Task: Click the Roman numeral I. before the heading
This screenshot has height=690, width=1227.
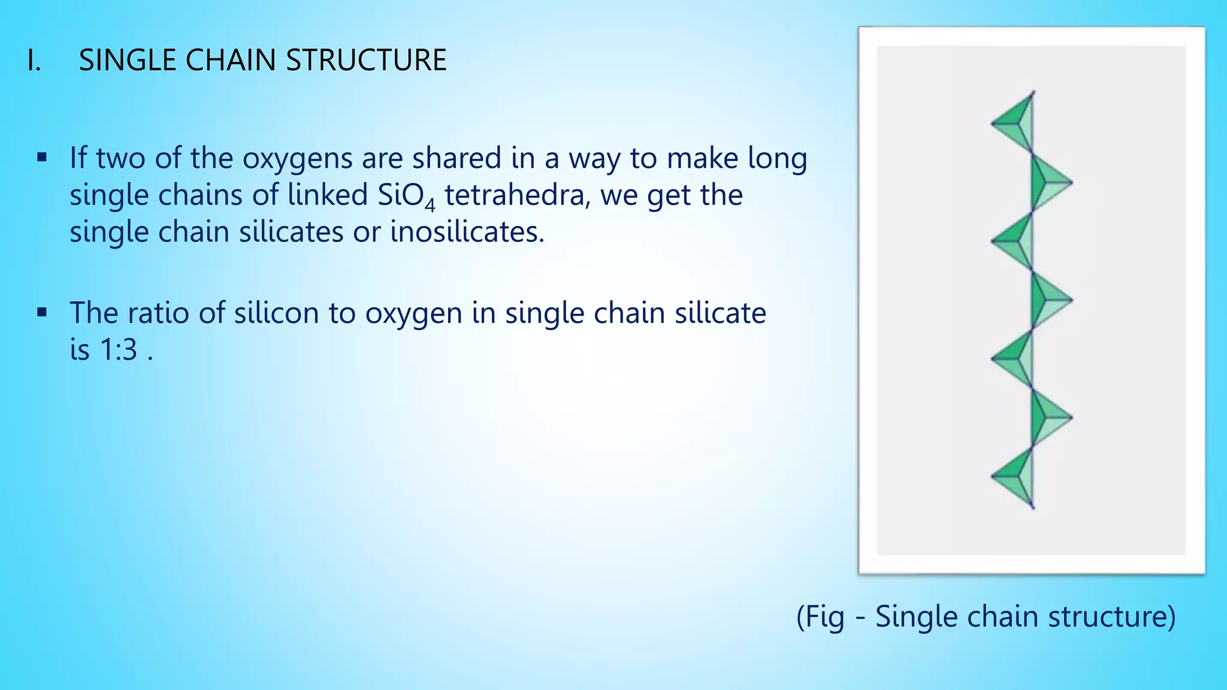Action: (34, 60)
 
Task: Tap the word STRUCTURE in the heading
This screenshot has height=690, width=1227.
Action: (366, 60)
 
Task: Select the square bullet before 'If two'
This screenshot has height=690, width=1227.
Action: (41, 158)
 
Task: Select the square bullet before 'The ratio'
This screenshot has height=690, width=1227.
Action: (41, 313)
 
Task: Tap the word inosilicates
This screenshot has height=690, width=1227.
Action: (467, 232)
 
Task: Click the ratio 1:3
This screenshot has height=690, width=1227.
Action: (119, 350)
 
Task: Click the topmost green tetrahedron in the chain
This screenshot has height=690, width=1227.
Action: (1017, 123)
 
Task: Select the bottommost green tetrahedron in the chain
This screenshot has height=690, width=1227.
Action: (1017, 477)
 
